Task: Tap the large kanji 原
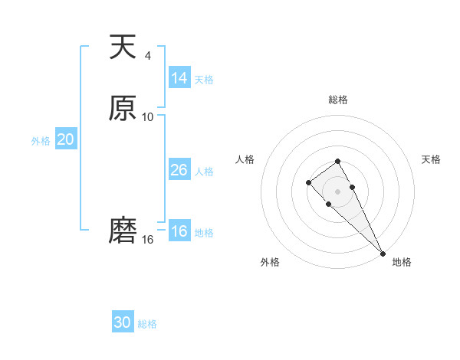pyautogui.click(x=123, y=109)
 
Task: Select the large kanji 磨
pyautogui.click(x=123, y=231)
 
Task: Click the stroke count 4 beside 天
pyautogui.click(x=148, y=55)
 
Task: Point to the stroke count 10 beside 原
pyautogui.click(x=148, y=116)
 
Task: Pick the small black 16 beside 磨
pyautogui.click(x=148, y=240)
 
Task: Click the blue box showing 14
pyautogui.click(x=179, y=78)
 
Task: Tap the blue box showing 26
pyautogui.click(x=179, y=170)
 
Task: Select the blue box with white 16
pyautogui.click(x=179, y=232)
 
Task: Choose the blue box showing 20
pyautogui.click(x=66, y=139)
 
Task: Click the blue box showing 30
pyautogui.click(x=123, y=322)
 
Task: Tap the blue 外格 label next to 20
pyautogui.click(x=40, y=141)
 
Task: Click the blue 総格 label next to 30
pyautogui.click(x=147, y=324)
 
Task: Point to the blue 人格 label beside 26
pyautogui.click(x=204, y=172)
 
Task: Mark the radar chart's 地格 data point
pyautogui.click(x=383, y=254)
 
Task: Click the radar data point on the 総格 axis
pyautogui.click(x=337, y=161)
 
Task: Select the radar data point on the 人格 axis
pyautogui.click(x=308, y=182)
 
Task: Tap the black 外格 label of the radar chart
pyautogui.click(x=270, y=262)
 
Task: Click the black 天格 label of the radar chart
pyautogui.click(x=431, y=159)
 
